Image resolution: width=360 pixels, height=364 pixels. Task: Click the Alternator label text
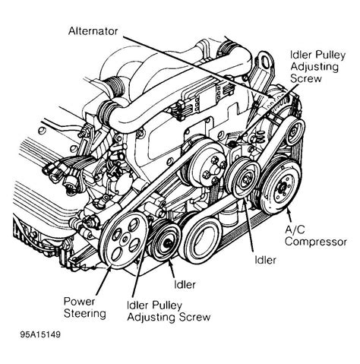click(93, 31)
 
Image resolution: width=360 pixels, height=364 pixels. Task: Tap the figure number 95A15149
click(40, 334)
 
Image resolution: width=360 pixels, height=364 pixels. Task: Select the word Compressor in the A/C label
click(315, 242)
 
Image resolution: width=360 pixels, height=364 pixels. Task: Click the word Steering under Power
click(85, 314)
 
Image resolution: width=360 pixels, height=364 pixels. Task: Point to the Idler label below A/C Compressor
click(265, 260)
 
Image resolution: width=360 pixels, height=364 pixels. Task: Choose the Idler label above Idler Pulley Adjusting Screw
click(185, 284)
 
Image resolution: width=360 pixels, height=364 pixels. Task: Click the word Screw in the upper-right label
click(306, 78)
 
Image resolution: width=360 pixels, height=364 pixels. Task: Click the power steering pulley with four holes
click(124, 240)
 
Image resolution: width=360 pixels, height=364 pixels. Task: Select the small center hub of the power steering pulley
click(125, 239)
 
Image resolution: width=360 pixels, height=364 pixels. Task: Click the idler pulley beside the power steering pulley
click(165, 242)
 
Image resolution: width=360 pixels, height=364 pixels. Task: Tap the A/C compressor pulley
click(280, 188)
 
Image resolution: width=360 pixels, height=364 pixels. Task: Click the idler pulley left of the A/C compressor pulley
click(243, 178)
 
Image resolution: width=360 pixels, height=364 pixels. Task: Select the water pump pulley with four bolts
click(207, 166)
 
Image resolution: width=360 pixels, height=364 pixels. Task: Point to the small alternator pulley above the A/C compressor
click(295, 131)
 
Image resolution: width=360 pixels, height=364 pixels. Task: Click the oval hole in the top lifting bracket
click(265, 62)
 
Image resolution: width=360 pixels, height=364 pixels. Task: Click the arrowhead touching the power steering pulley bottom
click(110, 267)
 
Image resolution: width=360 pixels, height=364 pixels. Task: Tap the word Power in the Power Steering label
click(79, 302)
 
